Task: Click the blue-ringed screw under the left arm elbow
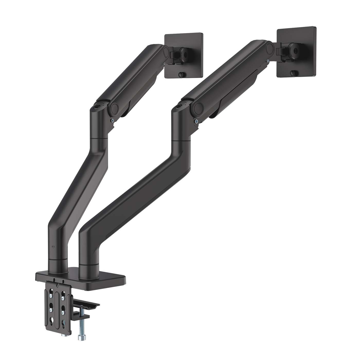pos(112,120)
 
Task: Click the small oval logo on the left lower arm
pos(53,246)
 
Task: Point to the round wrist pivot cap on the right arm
pos(270,47)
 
